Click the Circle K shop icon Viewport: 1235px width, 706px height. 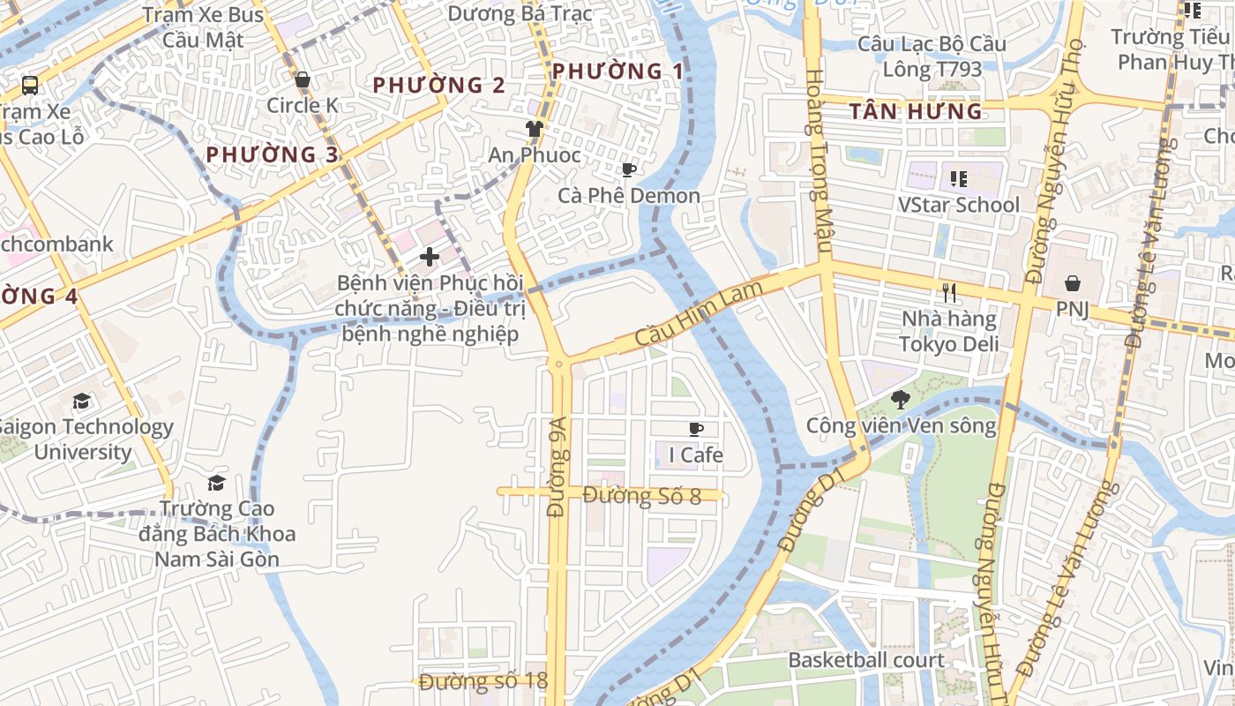tap(303, 80)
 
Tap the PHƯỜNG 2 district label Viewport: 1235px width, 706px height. tap(438, 85)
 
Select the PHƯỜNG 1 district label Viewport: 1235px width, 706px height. tap(617, 71)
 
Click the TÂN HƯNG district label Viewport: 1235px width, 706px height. tap(916, 111)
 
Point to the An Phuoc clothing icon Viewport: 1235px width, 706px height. tap(534, 129)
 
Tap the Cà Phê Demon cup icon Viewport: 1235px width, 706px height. tap(628, 169)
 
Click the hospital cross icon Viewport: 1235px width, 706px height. tap(430, 257)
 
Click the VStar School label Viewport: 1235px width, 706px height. tap(958, 205)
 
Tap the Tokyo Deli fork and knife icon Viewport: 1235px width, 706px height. tap(949, 293)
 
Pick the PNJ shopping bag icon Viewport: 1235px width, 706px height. tap(1073, 283)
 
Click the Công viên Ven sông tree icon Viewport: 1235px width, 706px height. tap(900, 400)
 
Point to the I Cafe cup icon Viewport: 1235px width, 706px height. tap(696, 429)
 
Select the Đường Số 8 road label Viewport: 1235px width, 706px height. tap(641, 496)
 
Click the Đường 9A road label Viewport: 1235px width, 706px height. tap(558, 480)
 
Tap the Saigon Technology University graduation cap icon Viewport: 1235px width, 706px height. tap(82, 402)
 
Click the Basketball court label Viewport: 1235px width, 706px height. tap(865, 660)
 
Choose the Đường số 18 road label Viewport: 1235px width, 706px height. tap(483, 681)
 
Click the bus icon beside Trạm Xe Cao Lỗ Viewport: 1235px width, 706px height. tap(30, 86)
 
